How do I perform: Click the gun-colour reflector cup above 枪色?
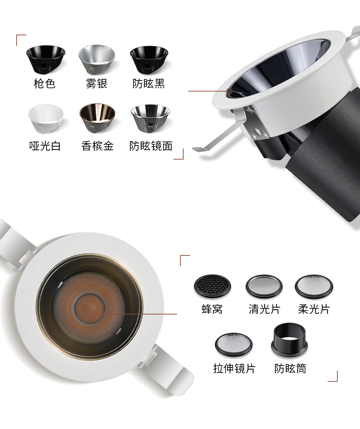pos(46,59)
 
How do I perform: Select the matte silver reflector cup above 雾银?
pos(97,59)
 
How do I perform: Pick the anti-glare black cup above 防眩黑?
pos(149,60)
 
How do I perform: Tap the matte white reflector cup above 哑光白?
pos(46,118)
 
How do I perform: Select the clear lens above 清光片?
pos(264,286)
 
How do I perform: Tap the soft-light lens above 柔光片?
pos(314,286)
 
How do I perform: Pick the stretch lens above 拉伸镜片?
pos(233,344)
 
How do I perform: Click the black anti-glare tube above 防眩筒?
pos(289,340)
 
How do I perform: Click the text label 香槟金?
pos(97,146)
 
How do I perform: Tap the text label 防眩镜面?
pos(151,146)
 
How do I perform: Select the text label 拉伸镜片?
pos(234,368)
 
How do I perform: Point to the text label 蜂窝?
pos(212,309)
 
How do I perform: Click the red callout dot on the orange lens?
pos(94,314)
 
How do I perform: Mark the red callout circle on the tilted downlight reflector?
pos(229,91)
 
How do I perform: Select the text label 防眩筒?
pos(290,368)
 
